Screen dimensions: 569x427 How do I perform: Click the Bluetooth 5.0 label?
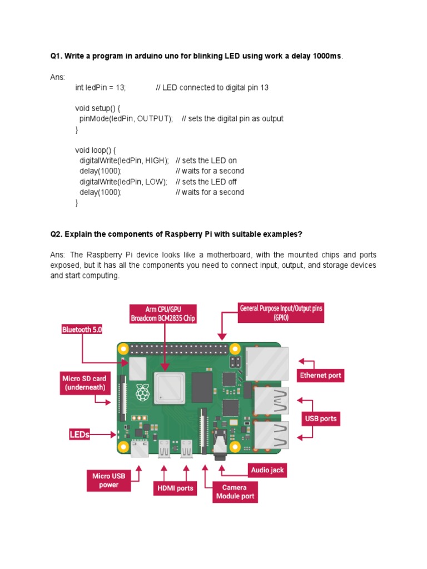point(82,330)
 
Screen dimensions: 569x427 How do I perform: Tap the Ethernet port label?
point(320,375)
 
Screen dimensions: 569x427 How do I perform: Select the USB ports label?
point(320,418)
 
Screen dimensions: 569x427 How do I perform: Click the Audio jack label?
point(267,470)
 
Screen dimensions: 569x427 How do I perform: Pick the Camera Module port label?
point(235,492)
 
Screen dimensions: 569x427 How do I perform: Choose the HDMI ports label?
point(174,488)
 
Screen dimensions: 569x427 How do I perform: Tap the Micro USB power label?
point(109,481)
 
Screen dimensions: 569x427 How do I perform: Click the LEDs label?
point(79,435)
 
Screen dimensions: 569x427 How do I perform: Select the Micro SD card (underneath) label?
point(83,383)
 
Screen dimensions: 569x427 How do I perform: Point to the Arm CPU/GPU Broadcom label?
point(163,313)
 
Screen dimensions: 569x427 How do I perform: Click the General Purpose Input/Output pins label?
point(281,312)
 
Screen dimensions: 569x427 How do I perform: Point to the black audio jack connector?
point(221,445)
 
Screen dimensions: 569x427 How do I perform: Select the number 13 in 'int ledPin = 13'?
point(121,88)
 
